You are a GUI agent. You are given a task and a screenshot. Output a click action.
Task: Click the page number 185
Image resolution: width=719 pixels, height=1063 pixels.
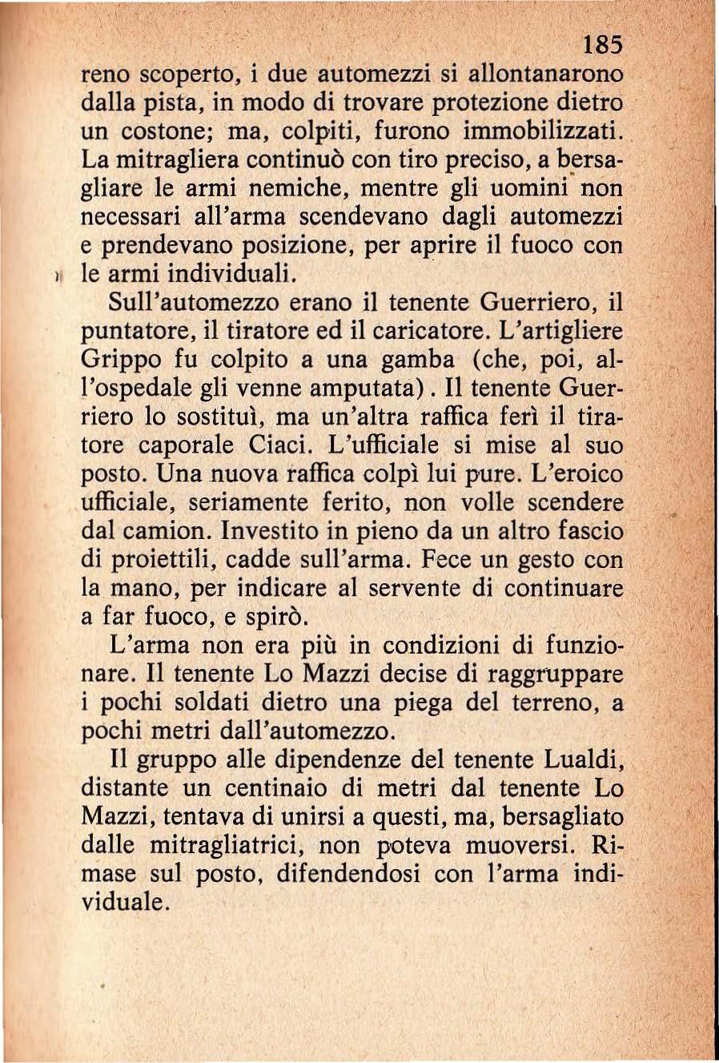pyautogui.click(x=602, y=45)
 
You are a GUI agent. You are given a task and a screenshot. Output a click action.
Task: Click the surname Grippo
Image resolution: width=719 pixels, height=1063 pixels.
pyautogui.click(x=119, y=360)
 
